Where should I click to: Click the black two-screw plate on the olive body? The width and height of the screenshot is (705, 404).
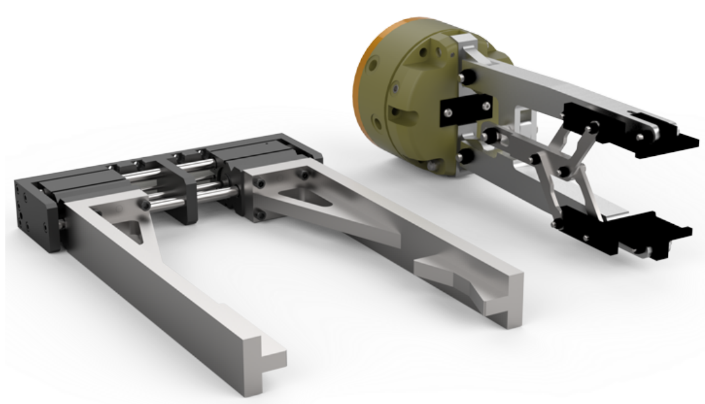465,108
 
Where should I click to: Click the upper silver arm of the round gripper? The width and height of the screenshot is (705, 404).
531,77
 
